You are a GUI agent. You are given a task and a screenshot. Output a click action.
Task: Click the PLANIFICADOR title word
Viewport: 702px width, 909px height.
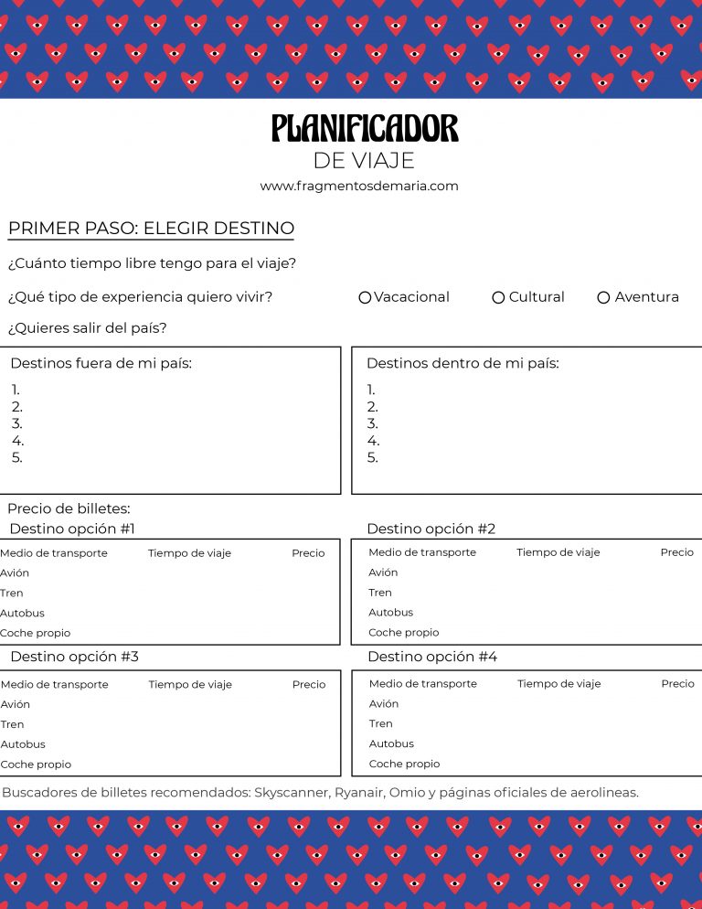point(365,129)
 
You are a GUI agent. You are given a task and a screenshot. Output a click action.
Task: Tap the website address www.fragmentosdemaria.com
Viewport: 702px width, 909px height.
point(359,186)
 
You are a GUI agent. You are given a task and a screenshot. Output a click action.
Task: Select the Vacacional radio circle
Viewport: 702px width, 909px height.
point(365,297)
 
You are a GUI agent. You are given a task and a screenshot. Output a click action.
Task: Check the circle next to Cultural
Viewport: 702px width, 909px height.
point(498,297)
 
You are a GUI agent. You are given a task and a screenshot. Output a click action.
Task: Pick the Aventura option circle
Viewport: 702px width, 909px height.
point(603,297)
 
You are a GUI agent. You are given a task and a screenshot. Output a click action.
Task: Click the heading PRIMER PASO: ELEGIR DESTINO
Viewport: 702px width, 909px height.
point(151,229)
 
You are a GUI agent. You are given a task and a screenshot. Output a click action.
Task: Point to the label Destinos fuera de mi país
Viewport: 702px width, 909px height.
point(101,363)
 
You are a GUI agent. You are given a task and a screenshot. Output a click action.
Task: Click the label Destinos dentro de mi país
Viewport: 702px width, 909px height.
point(463,363)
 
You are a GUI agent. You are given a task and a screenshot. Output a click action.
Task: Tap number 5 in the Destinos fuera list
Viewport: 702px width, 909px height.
point(17,457)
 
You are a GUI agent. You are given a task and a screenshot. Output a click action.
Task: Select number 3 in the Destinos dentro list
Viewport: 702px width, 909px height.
point(372,423)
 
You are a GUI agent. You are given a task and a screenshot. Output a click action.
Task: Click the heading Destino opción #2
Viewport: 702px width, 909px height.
point(431,529)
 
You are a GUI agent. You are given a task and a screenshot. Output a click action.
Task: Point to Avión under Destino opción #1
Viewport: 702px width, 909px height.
point(15,573)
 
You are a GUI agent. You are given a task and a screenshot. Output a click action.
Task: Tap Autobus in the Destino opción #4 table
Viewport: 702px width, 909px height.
point(391,743)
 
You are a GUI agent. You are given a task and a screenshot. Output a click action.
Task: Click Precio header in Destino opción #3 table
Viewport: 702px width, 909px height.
point(309,684)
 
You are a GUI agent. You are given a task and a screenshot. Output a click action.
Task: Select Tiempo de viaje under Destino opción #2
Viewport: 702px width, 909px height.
point(558,552)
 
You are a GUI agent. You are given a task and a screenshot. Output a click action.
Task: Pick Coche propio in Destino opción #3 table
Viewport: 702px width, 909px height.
point(36,765)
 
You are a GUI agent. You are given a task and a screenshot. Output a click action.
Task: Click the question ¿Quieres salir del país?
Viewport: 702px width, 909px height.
point(87,328)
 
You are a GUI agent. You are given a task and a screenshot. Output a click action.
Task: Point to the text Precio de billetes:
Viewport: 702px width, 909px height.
point(69,508)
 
